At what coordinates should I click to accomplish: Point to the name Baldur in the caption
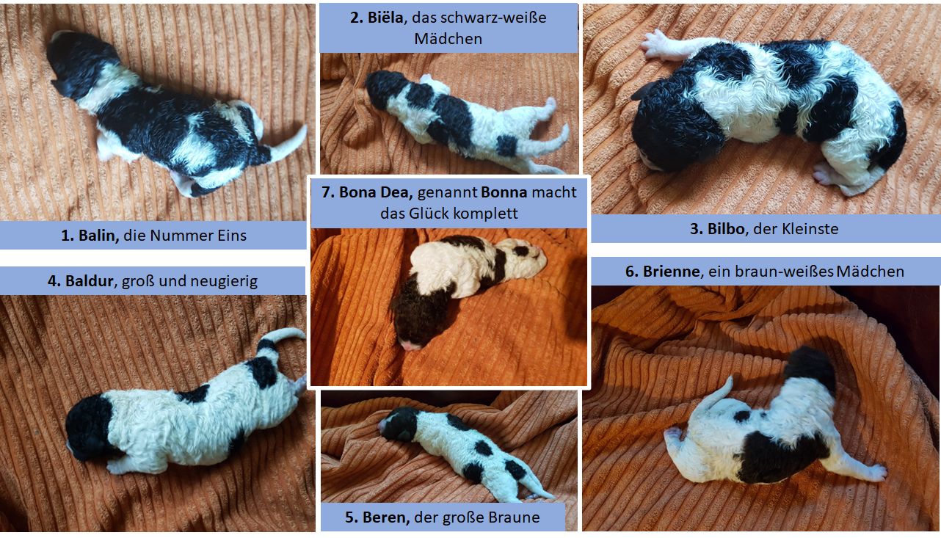click(87, 280)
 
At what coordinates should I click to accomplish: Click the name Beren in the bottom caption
click(386, 517)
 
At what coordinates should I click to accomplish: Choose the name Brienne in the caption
click(669, 272)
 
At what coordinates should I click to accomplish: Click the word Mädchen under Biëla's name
click(448, 39)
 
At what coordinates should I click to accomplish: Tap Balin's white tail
click(289, 142)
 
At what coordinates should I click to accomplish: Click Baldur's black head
click(87, 426)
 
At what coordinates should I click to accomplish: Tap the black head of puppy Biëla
click(383, 87)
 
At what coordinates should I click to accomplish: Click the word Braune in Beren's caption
click(514, 517)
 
